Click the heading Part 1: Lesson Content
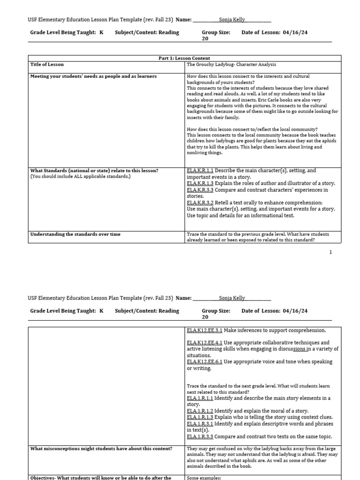185,58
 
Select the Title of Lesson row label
47,64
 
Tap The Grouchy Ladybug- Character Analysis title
231,64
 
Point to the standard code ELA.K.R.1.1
200,171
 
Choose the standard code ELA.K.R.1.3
200,184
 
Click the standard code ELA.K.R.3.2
200,203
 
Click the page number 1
330,252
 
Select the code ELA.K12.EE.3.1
204,330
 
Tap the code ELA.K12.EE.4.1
204,343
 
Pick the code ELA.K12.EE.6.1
204,362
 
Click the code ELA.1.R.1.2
200,411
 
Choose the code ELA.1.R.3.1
200,424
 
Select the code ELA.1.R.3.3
200,436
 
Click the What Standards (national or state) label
94,171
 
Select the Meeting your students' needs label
93,76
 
